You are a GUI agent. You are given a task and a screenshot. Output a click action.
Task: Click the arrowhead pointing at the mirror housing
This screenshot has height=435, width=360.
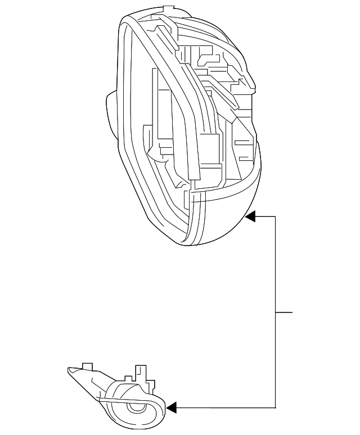point(251,216)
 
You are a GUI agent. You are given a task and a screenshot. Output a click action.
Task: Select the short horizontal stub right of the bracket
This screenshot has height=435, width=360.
point(284,311)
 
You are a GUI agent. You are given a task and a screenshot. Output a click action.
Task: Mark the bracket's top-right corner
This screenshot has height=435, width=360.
point(275,216)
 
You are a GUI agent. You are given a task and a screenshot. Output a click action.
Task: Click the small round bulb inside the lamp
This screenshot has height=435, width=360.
point(135,409)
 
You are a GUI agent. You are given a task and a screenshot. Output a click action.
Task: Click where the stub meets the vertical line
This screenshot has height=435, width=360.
point(275,311)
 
